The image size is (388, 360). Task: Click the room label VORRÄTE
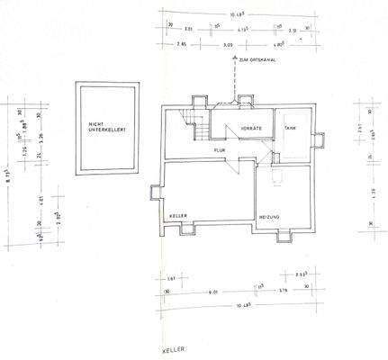[x=239, y=131]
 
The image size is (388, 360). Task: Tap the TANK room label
[x=291, y=130]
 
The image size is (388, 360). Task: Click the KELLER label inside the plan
[x=176, y=217]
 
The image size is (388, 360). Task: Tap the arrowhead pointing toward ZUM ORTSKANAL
[x=235, y=58]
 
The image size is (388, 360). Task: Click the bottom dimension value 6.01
[x=212, y=291]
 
